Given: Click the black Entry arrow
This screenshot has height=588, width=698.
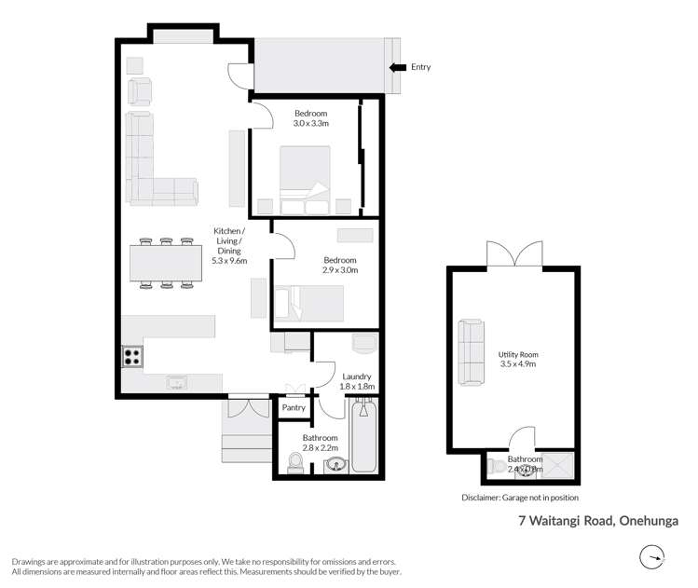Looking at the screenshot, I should coord(397,67).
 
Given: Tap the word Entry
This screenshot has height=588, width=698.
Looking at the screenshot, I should coord(420,67).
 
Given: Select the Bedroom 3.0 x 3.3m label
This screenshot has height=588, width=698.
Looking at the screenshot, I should coord(310,117).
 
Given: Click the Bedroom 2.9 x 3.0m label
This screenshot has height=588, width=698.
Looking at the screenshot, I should coord(340,265).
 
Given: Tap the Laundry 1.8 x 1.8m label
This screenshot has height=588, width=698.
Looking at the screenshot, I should coord(358,380).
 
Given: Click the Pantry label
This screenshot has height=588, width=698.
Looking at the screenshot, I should coord(294,407).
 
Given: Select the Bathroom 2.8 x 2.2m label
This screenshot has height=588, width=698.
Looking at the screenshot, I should coord(320,443).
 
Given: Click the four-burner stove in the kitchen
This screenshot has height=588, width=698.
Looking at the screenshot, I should coord(131,356).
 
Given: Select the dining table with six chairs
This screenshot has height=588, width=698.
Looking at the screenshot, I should coord(165,262).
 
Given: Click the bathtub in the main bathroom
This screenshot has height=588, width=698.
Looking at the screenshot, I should coord(363,436).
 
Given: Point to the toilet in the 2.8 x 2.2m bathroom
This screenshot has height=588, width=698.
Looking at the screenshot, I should coord(296,462).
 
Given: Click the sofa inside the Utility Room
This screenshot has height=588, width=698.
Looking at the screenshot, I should coord(469,353).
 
